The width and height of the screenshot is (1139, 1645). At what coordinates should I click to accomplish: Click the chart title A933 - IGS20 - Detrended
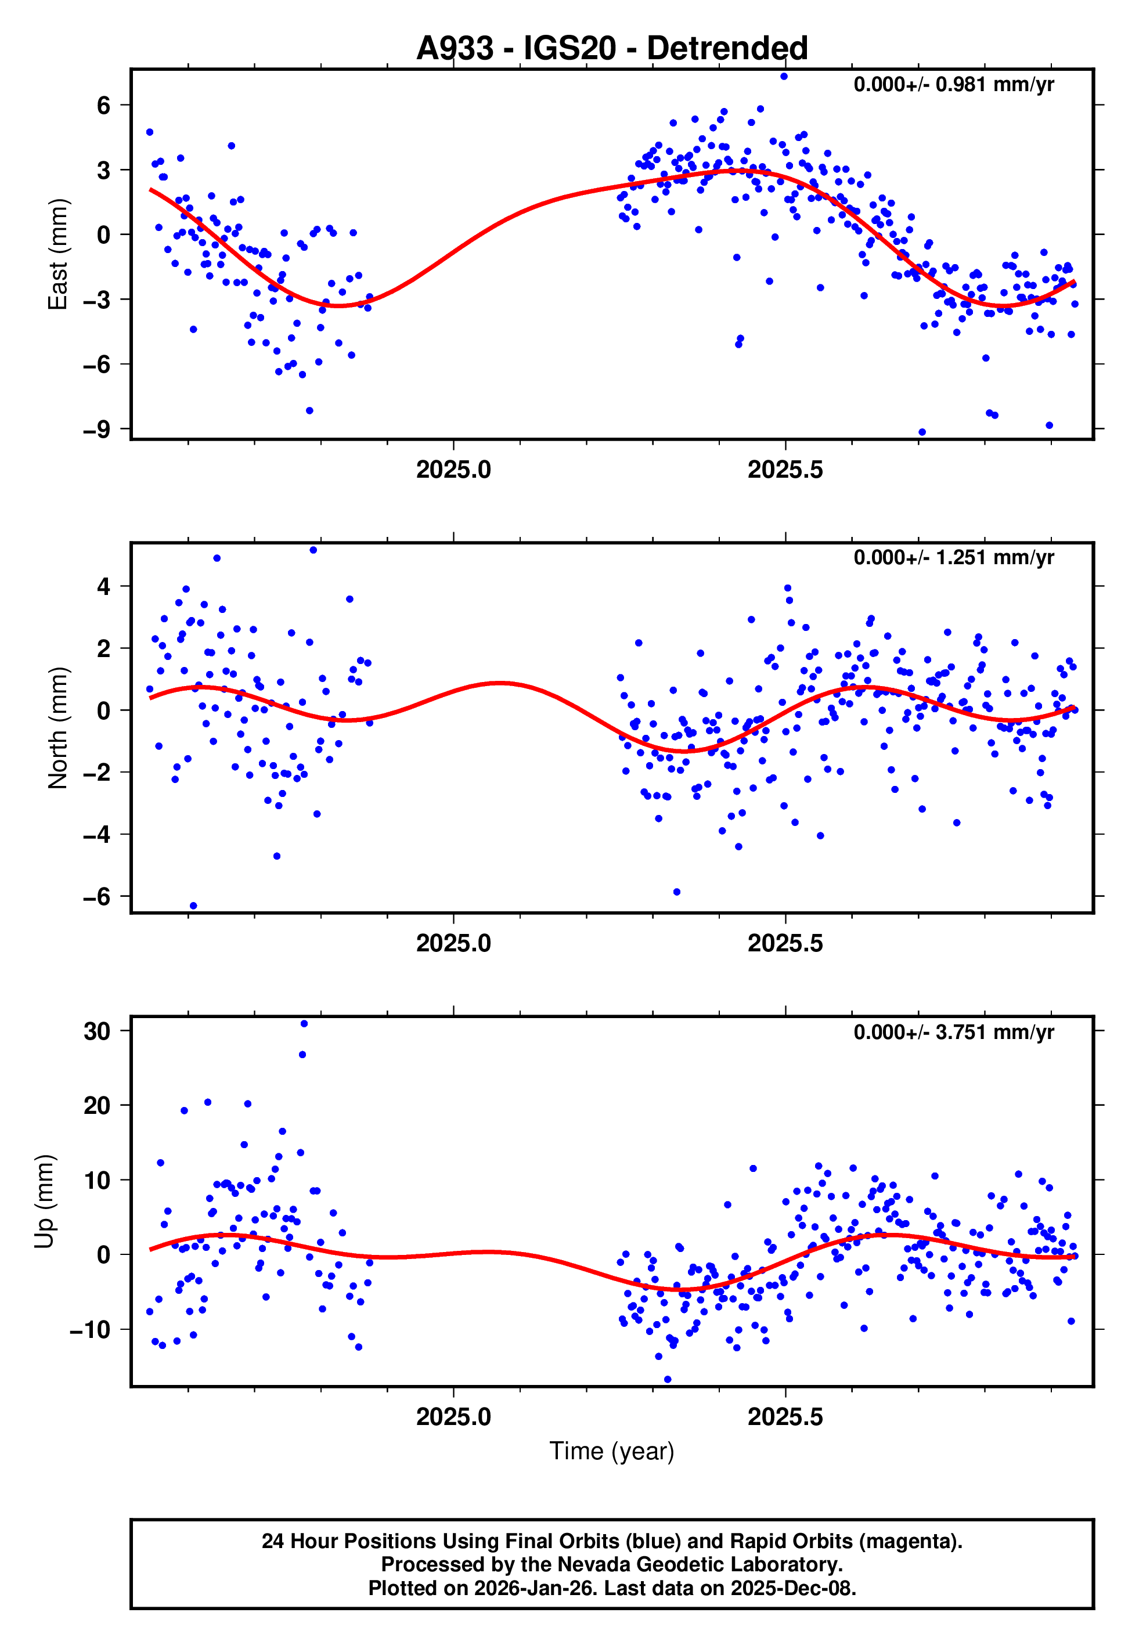[x=612, y=49]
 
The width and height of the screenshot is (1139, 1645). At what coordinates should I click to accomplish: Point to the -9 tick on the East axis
[x=96, y=430]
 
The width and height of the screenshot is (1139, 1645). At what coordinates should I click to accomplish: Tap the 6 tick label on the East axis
[x=104, y=106]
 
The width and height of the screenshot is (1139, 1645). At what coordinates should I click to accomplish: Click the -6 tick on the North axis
[x=96, y=897]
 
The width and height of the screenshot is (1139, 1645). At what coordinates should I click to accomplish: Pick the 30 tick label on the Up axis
[x=97, y=1031]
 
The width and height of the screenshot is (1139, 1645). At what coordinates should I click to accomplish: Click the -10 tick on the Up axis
[x=90, y=1330]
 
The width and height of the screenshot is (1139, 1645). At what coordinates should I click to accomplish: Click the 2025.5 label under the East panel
[x=785, y=470]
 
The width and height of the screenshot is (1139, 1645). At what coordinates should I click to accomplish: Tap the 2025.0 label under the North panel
[x=453, y=943]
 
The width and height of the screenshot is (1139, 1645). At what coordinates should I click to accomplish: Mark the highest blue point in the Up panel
[x=304, y=1024]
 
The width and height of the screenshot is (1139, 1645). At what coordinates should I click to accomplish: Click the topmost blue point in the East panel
[x=784, y=76]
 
